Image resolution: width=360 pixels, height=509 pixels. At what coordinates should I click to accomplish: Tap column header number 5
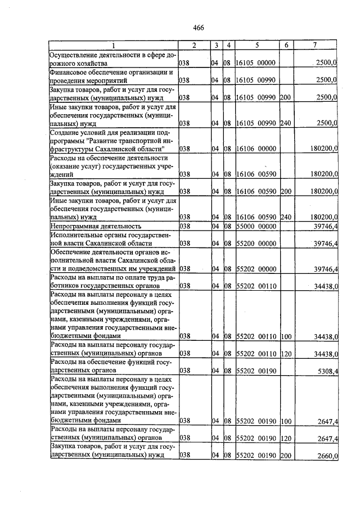tap(256, 45)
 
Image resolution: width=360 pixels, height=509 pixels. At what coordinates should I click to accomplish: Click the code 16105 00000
tap(256, 64)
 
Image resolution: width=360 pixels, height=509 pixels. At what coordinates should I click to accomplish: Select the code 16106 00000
tap(256, 149)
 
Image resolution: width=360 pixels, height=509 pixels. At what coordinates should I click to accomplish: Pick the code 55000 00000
tap(256, 226)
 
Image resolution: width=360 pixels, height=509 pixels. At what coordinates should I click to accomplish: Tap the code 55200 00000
tap(256, 244)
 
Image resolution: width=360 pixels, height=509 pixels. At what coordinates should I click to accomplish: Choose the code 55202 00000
tap(256, 269)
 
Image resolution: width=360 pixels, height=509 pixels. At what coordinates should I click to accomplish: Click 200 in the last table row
tap(285, 456)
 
